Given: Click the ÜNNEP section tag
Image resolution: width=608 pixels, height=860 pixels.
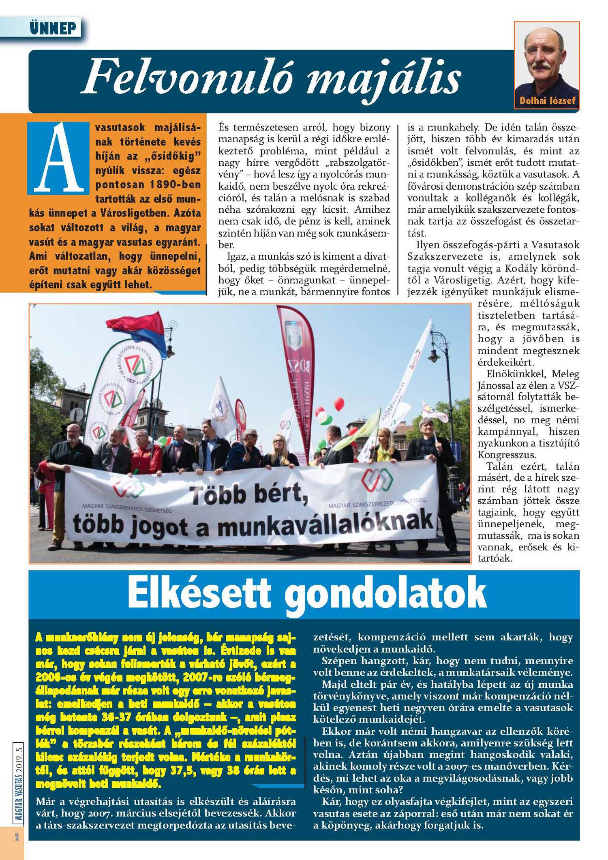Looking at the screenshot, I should pyautogui.click(x=53, y=28).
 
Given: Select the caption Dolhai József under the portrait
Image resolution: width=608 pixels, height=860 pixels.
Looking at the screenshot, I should pyautogui.click(x=547, y=101).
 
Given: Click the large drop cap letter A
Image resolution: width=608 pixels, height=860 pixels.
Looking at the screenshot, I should pyautogui.click(x=58, y=158).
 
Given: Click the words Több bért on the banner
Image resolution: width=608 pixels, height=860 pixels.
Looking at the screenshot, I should pyautogui.click(x=247, y=496).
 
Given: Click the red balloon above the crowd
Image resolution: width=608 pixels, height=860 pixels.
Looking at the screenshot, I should pyautogui.click(x=338, y=404).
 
